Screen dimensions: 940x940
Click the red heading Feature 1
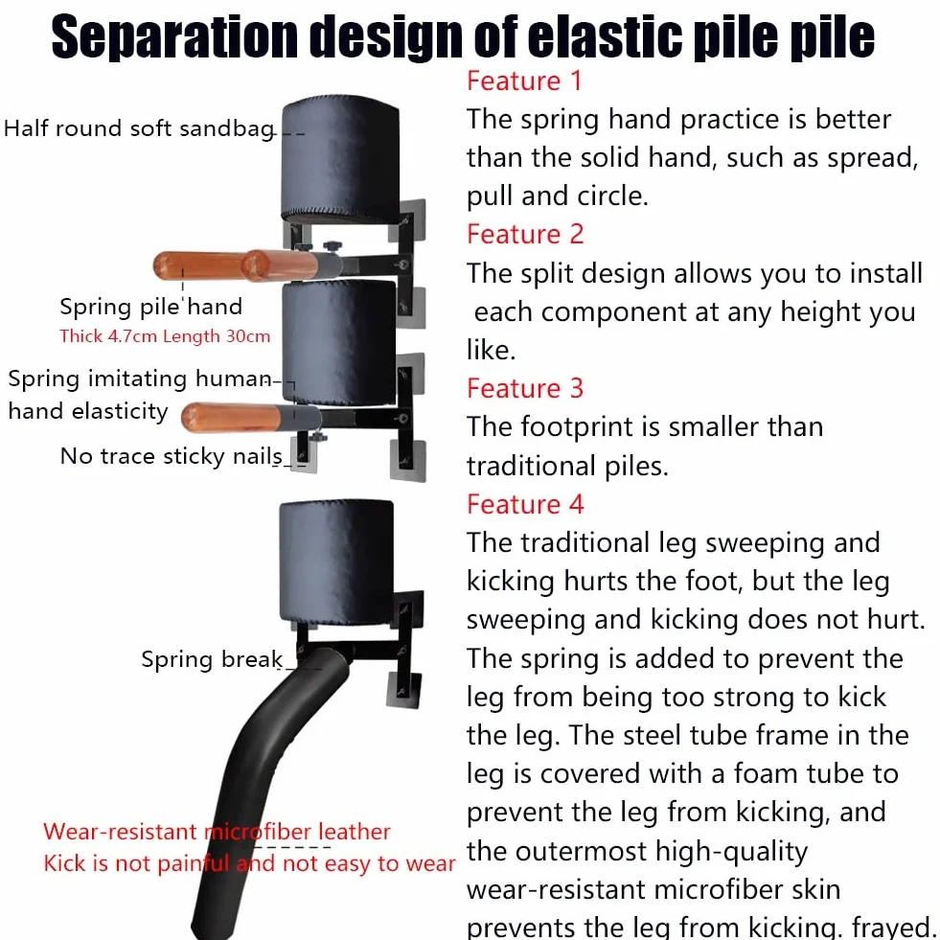click(x=524, y=80)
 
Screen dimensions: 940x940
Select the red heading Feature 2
click(x=525, y=235)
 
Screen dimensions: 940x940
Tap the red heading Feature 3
click(x=525, y=388)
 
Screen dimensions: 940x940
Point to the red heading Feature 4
click(x=525, y=504)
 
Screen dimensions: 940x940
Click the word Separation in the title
click(x=174, y=37)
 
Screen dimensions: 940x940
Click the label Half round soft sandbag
click(x=140, y=128)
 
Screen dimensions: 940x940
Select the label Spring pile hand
click(x=151, y=307)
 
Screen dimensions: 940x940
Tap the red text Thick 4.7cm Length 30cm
click(x=165, y=335)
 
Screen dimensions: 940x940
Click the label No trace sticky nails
click(x=172, y=456)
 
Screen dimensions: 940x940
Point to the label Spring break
click(x=212, y=659)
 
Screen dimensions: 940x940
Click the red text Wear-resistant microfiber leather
click(x=217, y=832)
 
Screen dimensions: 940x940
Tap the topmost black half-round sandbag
click(x=340, y=158)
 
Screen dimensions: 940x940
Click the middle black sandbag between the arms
click(x=339, y=343)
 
